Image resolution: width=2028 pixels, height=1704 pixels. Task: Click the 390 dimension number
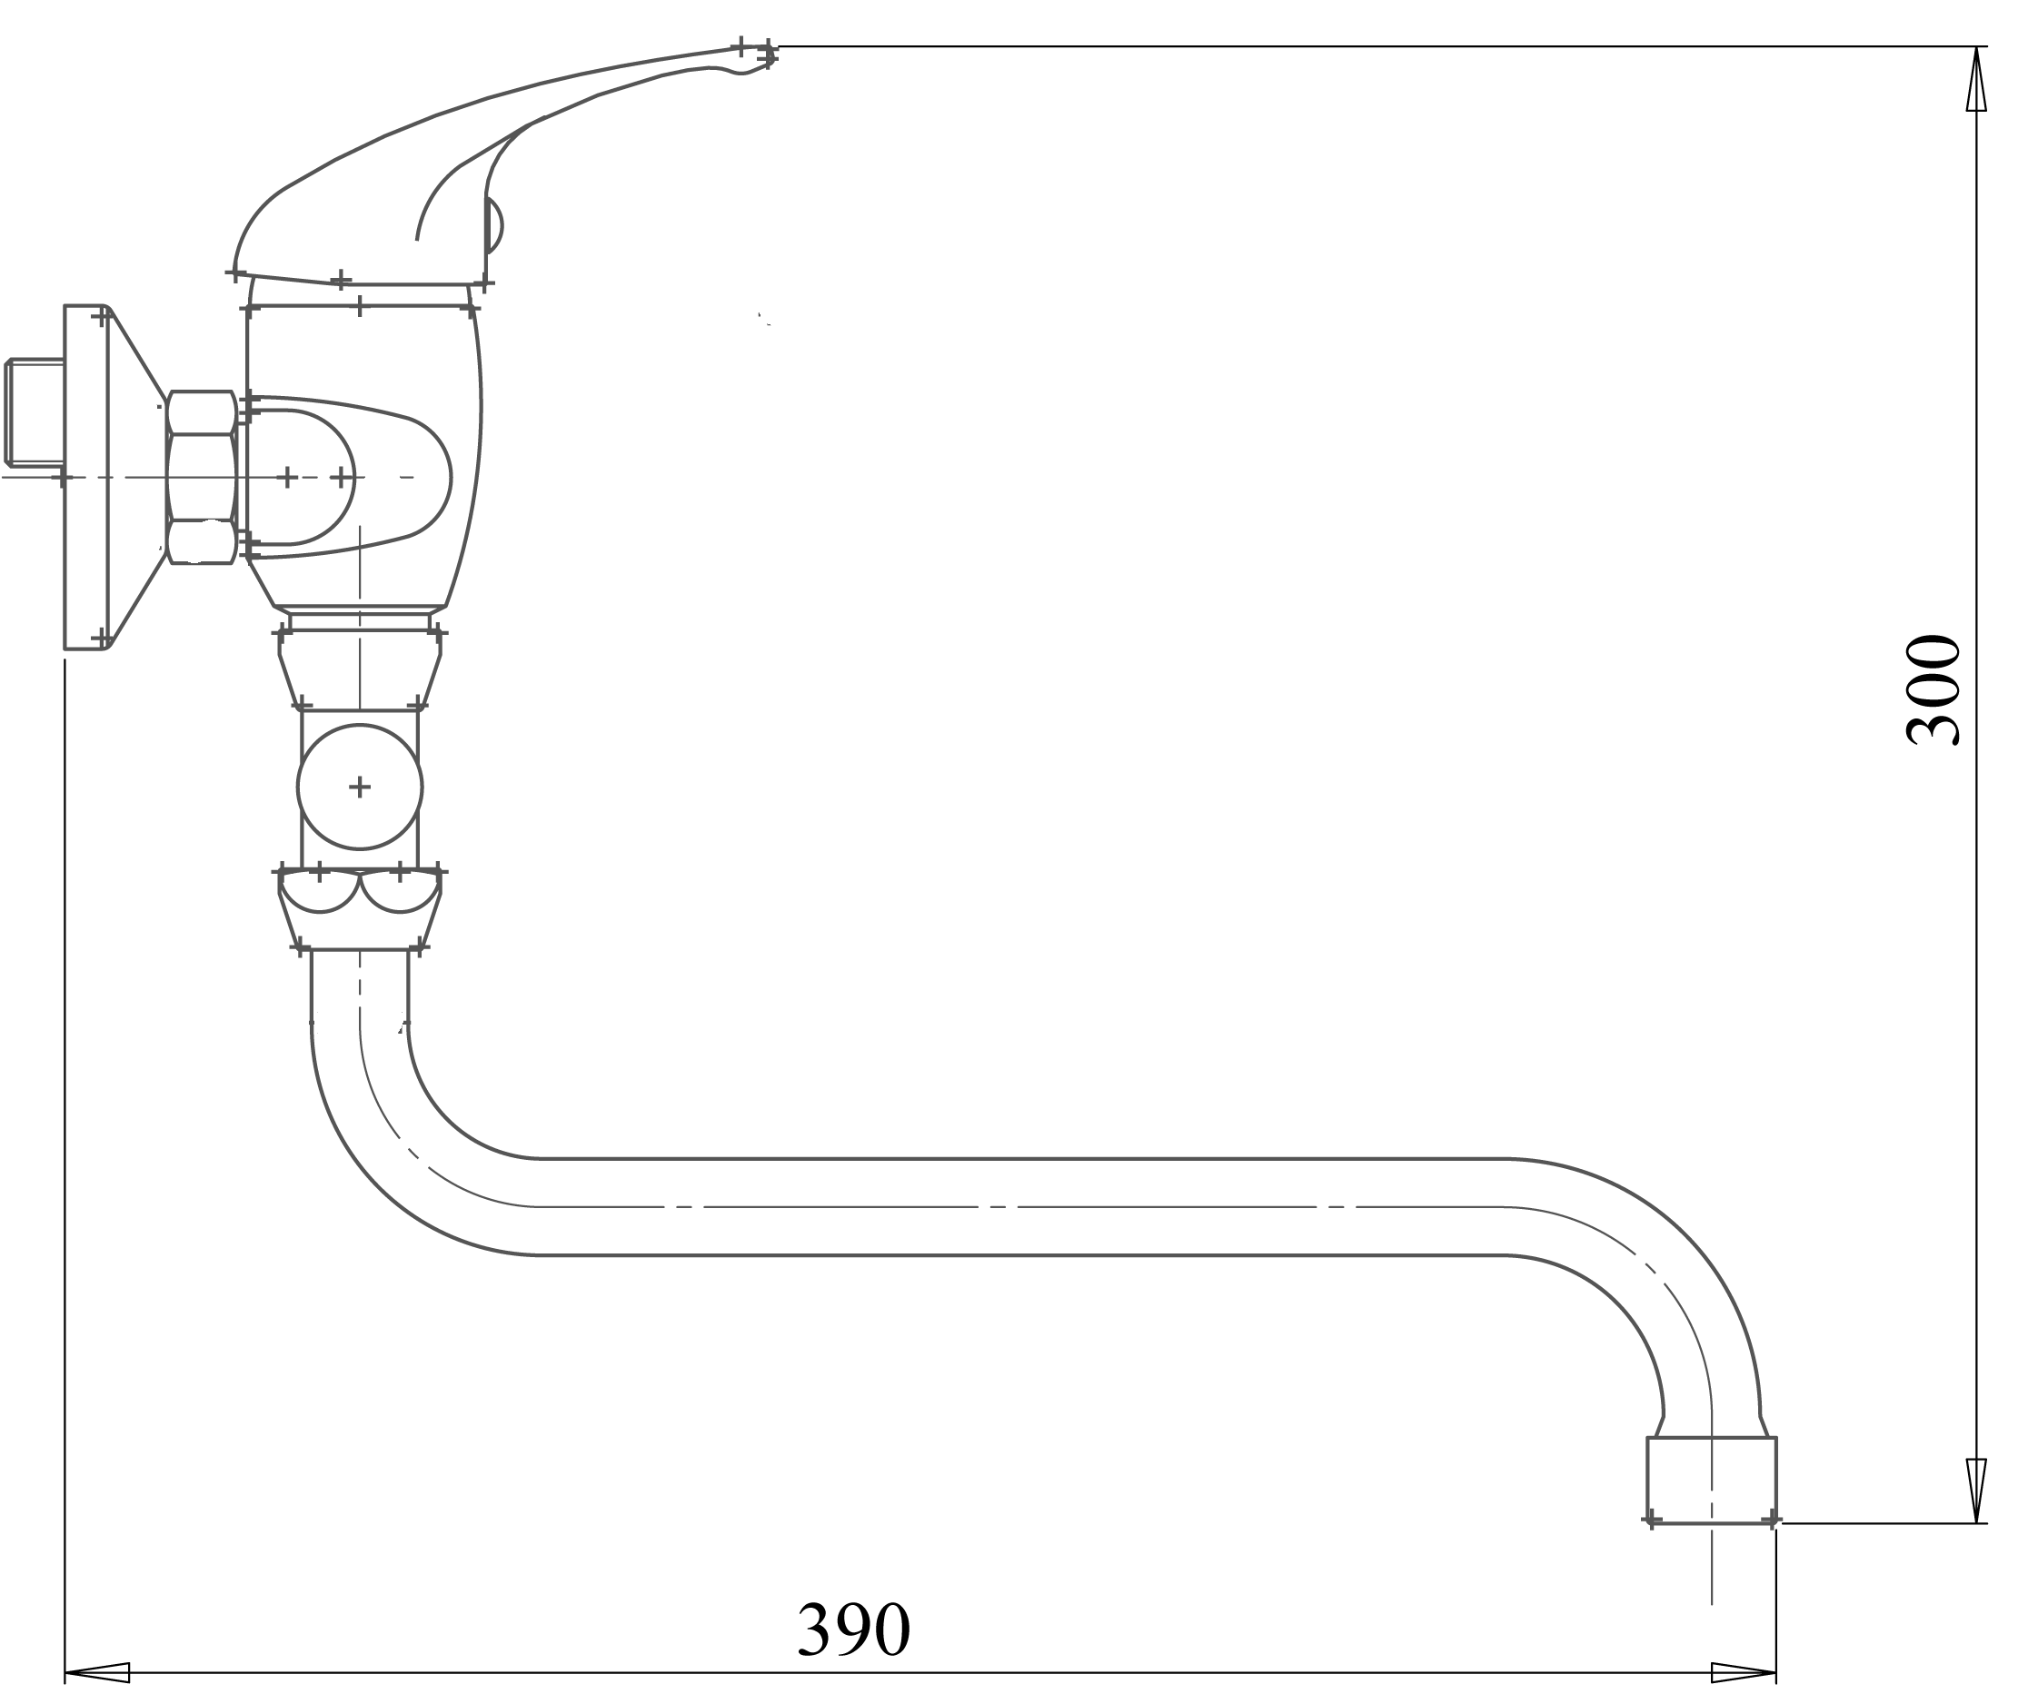pyautogui.click(x=853, y=1630)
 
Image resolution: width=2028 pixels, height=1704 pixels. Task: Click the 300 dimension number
pyautogui.click(x=1933, y=689)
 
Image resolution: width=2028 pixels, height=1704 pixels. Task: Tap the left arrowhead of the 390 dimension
pyautogui.click(x=97, y=1673)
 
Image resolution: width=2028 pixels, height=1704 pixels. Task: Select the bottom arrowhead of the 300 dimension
pyautogui.click(x=1976, y=1489)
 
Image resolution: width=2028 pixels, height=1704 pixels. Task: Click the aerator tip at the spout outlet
pyautogui.click(x=1711, y=1480)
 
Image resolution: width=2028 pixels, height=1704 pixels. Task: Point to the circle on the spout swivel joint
pyautogui.click(x=360, y=788)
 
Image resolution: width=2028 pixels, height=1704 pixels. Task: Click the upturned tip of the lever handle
pyautogui.click(x=759, y=58)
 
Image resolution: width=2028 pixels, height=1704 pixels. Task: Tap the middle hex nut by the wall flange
pyautogui.click(x=201, y=477)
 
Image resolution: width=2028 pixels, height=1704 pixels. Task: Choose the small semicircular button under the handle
pyautogui.click(x=493, y=226)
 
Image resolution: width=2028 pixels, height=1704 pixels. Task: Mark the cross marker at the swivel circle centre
pyautogui.click(x=360, y=788)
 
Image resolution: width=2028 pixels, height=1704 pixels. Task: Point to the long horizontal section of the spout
pyautogui.click(x=1015, y=1207)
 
